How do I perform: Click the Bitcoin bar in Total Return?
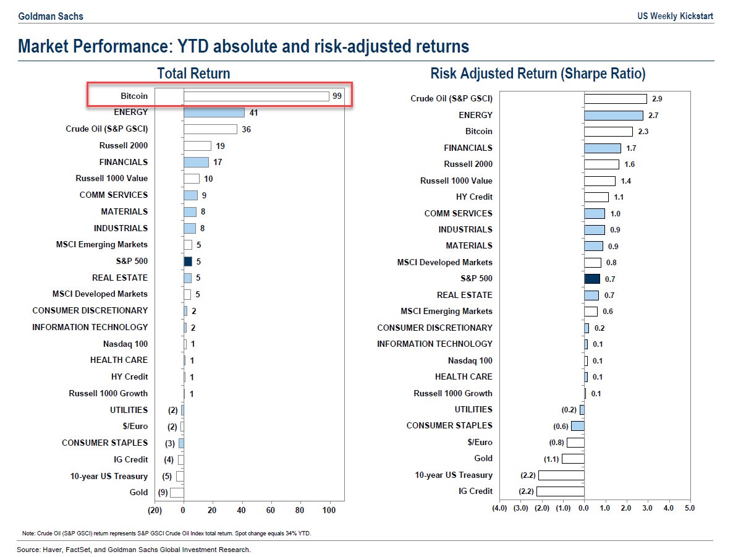tap(256, 96)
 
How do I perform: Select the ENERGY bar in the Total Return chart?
tap(214, 113)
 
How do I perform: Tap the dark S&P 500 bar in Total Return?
tap(188, 261)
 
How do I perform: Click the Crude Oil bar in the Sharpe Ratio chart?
tap(616, 99)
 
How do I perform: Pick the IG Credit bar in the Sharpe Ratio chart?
tap(560, 491)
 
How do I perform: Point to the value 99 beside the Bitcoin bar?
tap(336, 96)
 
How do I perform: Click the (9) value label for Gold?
tap(163, 493)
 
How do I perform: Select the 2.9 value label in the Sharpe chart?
tap(657, 99)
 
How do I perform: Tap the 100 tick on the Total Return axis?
tap(329, 511)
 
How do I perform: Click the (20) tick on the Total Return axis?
tap(155, 511)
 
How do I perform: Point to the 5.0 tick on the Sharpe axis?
tap(690, 508)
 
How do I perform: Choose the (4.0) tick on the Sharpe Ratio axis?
tap(499, 508)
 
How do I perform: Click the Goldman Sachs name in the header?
tap(51, 16)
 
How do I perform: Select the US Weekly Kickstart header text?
tap(675, 16)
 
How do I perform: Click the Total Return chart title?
tap(193, 74)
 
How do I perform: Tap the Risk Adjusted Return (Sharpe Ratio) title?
tap(538, 74)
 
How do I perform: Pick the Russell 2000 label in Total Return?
tap(124, 146)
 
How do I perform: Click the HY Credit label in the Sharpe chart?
tap(474, 197)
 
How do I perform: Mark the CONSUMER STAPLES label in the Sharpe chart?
tap(449, 426)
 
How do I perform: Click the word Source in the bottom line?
tap(28, 550)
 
